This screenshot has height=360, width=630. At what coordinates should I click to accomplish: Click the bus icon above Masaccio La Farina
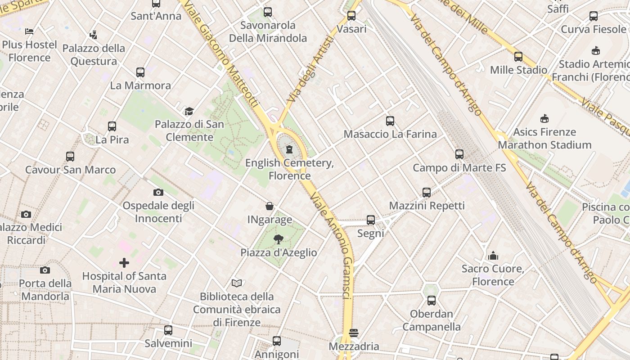390,121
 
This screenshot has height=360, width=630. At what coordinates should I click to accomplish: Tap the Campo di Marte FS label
459,168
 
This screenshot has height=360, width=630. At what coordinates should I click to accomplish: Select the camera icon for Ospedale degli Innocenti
158,193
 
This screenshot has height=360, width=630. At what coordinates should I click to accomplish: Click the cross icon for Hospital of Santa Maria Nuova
124,262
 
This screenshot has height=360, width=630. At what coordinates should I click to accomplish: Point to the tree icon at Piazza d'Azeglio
279,239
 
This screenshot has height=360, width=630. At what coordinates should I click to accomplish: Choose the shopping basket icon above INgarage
270,207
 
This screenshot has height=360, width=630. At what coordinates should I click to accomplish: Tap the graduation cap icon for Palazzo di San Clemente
189,111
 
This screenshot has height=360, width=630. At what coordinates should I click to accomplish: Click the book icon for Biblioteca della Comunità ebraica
237,283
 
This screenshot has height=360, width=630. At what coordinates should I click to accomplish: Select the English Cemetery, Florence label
289,169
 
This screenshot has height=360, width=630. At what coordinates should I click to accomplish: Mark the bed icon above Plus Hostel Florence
29,31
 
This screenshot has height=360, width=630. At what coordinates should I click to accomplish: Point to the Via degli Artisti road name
310,68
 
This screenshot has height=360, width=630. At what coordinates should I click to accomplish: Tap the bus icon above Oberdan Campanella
432,300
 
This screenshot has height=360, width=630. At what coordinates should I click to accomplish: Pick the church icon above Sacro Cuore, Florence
493,256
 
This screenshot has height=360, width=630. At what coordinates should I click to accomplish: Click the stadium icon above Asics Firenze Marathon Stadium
544,119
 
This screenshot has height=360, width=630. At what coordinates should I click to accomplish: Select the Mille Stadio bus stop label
518,70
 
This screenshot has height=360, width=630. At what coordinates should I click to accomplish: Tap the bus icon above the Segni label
371,220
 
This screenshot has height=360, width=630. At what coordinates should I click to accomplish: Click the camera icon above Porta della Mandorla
45,270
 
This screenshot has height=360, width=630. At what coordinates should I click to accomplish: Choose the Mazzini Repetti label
427,206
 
